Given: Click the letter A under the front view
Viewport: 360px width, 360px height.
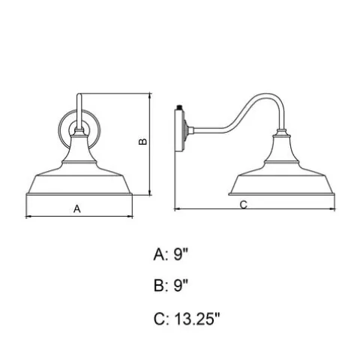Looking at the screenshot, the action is tap(77, 208).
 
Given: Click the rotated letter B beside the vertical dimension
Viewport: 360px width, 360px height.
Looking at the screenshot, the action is tap(142, 142).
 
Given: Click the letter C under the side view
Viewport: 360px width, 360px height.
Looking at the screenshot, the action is tap(244, 205).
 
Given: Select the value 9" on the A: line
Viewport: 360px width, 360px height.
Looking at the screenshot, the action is tap(181, 255).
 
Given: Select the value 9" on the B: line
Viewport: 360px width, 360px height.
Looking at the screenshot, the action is tap(181, 286).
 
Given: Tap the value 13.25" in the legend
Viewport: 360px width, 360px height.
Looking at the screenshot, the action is tap(196, 319).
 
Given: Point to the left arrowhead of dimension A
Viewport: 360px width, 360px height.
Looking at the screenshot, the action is tap(28, 217).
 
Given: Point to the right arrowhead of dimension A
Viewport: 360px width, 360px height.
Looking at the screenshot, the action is tap(130, 217).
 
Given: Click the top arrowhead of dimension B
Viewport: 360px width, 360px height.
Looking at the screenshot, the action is tap(150, 96).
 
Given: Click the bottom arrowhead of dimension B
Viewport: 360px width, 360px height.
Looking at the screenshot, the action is tap(150, 193).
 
